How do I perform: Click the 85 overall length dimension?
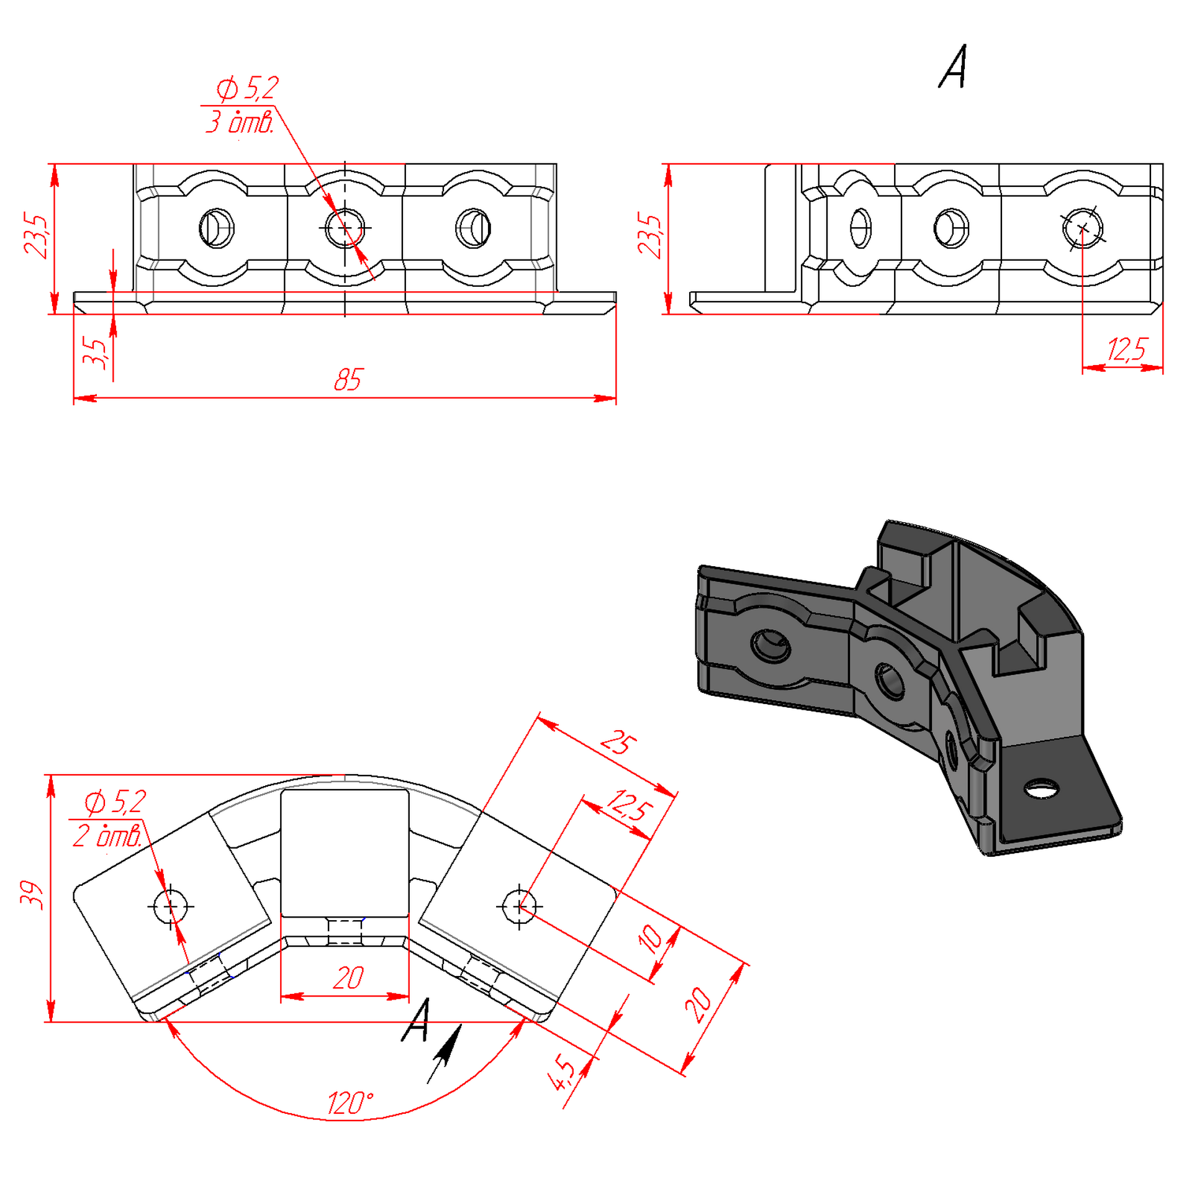pyautogui.click(x=348, y=379)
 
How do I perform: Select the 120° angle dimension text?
pyautogui.click(x=350, y=1103)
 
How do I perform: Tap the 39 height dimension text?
pyautogui.click(x=32, y=895)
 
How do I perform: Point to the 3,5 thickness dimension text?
pyautogui.click(x=95, y=353)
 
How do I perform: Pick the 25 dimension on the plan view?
pyautogui.click(x=618, y=743)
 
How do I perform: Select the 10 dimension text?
pyautogui.click(x=650, y=939)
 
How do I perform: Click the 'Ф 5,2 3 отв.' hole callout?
pyautogui.click(x=241, y=105)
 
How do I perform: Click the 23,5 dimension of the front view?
pyautogui.click(x=35, y=236)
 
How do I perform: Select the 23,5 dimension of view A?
pyautogui.click(x=649, y=236)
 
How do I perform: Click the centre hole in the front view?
pyautogui.click(x=345, y=228)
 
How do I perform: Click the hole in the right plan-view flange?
pyautogui.click(x=520, y=906)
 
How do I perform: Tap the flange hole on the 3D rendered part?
pyautogui.click(x=1042, y=789)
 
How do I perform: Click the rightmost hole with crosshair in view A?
pyautogui.click(x=1082, y=228)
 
